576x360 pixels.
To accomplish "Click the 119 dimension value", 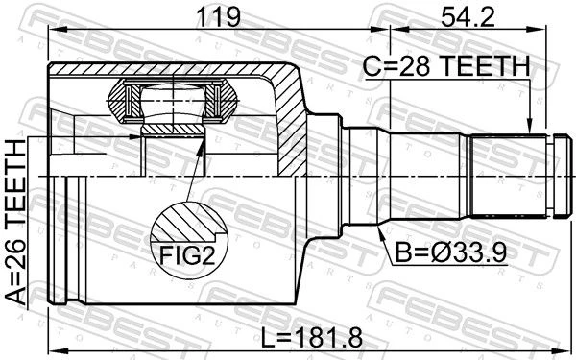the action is [x=218, y=17].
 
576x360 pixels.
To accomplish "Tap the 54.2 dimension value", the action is [x=468, y=17].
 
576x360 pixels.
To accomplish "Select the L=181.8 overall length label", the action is [x=312, y=337].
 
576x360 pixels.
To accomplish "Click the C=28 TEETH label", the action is [x=446, y=67].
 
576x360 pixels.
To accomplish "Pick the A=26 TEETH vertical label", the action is [x=16, y=223].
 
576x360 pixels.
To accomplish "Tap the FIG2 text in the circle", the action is [x=187, y=255].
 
